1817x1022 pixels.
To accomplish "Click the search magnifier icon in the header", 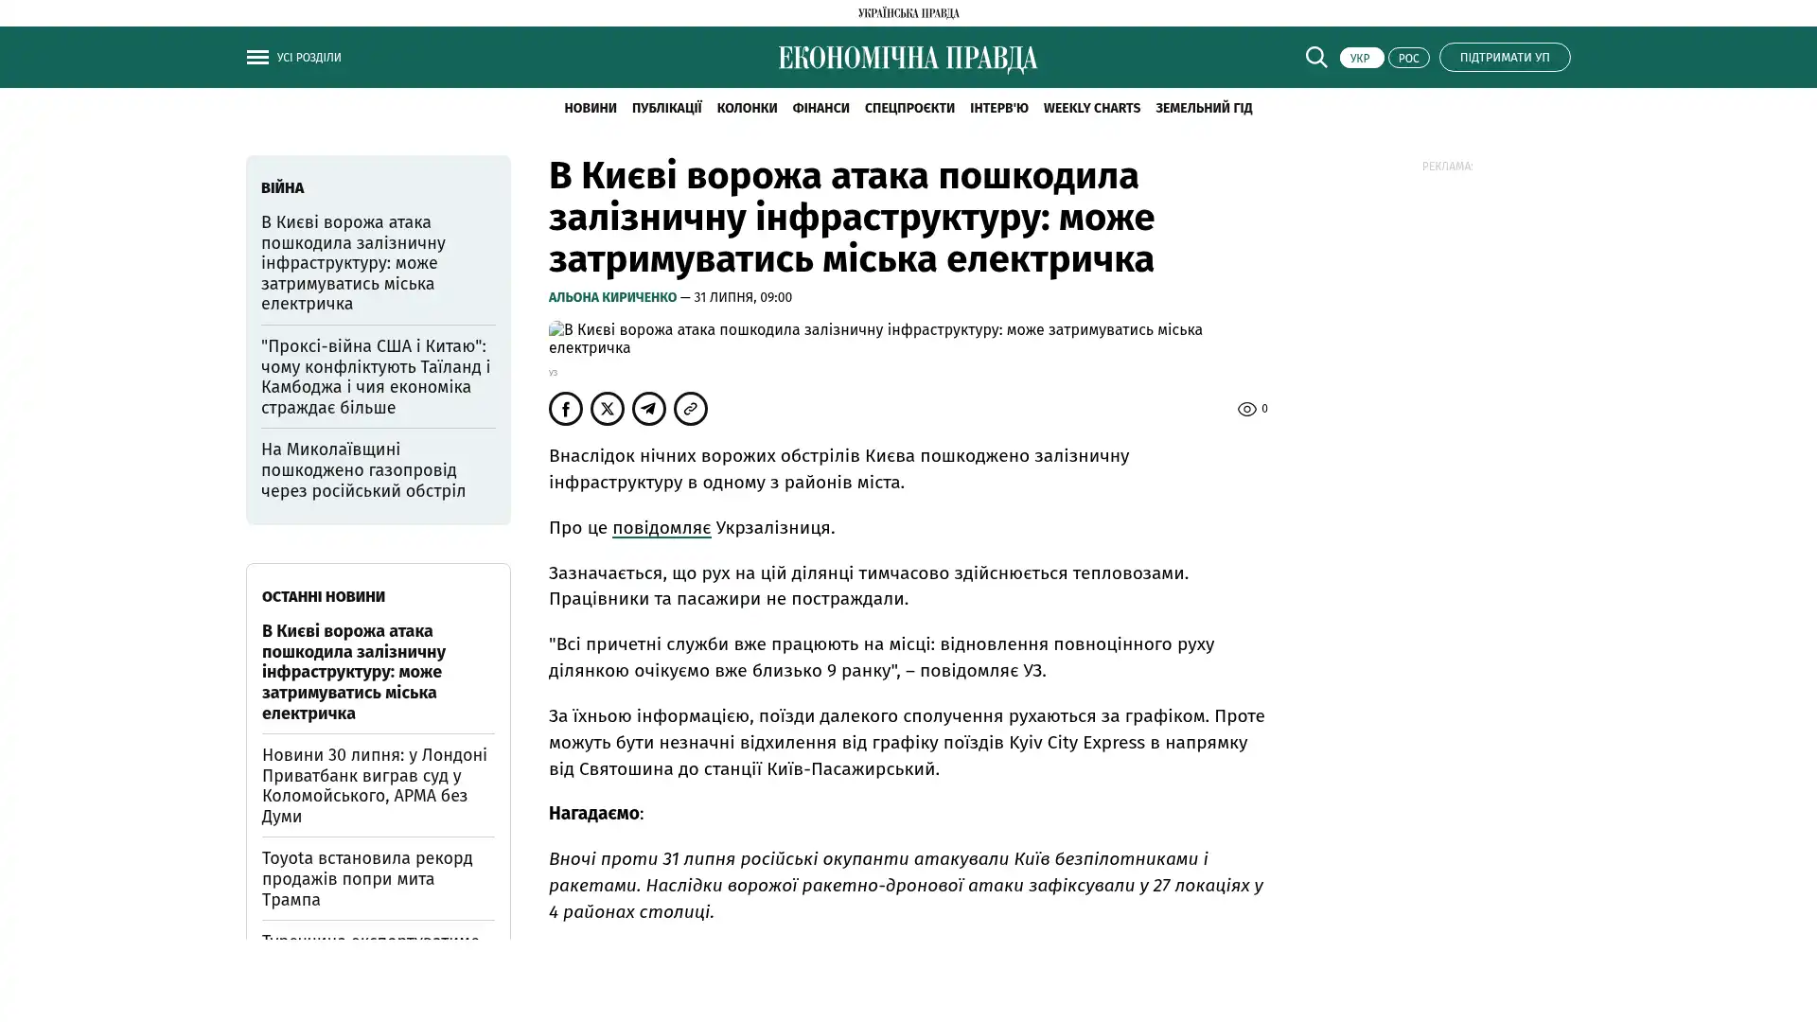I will pos(1316,57).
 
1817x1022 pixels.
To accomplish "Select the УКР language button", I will pos(1361,58).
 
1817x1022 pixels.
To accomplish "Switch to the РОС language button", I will pos(1408,58).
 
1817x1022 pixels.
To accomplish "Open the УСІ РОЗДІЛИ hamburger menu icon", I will pos(257,57).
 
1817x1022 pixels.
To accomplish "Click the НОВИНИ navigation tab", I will pos(590,108).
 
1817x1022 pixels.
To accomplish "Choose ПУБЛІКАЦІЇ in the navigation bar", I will pos(666,108).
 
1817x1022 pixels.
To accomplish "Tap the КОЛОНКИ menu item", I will pos(747,108).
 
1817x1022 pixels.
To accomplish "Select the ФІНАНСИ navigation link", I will pos(820,108).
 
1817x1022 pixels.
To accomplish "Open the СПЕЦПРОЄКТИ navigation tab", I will pos(909,108).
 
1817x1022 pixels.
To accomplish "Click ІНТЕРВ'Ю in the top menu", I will pos(998,108).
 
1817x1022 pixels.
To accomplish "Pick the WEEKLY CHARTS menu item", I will pos(1091,108).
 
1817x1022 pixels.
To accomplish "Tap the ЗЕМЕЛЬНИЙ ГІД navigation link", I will pos(1203,108).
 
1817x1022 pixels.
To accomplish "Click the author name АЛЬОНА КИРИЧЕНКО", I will pos(612,297).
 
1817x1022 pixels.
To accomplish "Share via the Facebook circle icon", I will pos(566,409).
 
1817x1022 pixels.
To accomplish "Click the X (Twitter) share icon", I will pos(608,409).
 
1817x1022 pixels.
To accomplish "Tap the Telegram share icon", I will pos(649,409).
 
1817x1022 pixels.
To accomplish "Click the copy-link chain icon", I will pos(691,409).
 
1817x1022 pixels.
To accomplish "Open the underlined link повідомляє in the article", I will pos(661,527).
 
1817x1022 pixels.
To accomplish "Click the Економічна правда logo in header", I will pos(908,59).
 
